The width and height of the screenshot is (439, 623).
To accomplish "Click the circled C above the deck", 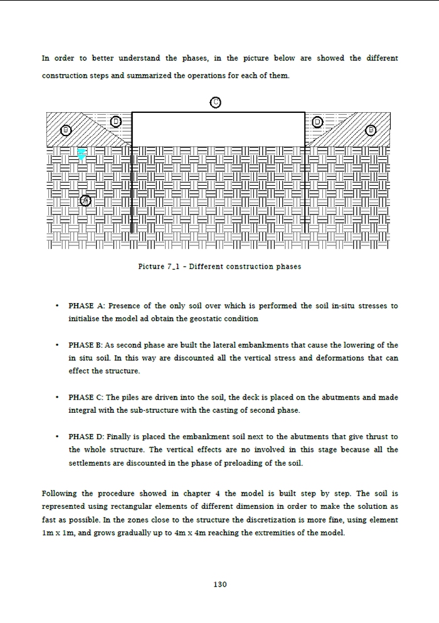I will pyautogui.click(x=215, y=102).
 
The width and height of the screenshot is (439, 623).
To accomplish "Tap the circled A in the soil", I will pyautogui.click(x=86, y=201).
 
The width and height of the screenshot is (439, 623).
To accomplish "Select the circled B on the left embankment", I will pyautogui.click(x=66, y=130).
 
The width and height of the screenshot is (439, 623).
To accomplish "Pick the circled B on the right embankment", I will pyautogui.click(x=371, y=130).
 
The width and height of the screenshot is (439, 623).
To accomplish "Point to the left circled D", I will pyautogui.click(x=115, y=121).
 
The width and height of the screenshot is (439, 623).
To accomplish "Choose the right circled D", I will pyautogui.click(x=317, y=121).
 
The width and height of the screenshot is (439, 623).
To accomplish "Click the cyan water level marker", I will pyautogui.click(x=81, y=153).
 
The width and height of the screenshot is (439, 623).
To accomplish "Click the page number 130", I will pyautogui.click(x=219, y=584).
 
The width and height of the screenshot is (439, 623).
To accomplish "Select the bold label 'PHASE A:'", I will pyautogui.click(x=87, y=306).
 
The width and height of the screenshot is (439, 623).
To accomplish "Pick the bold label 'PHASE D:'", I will pyautogui.click(x=87, y=437).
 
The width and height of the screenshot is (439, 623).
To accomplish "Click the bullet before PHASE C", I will pyautogui.click(x=58, y=398).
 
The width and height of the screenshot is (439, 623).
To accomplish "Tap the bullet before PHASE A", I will pyautogui.click(x=58, y=306).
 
